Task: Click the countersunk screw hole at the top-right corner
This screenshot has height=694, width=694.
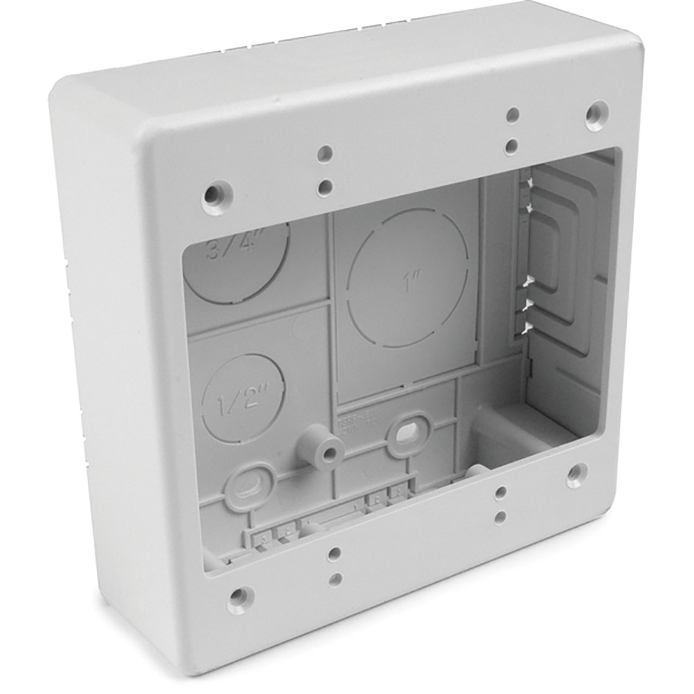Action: [582, 112]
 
